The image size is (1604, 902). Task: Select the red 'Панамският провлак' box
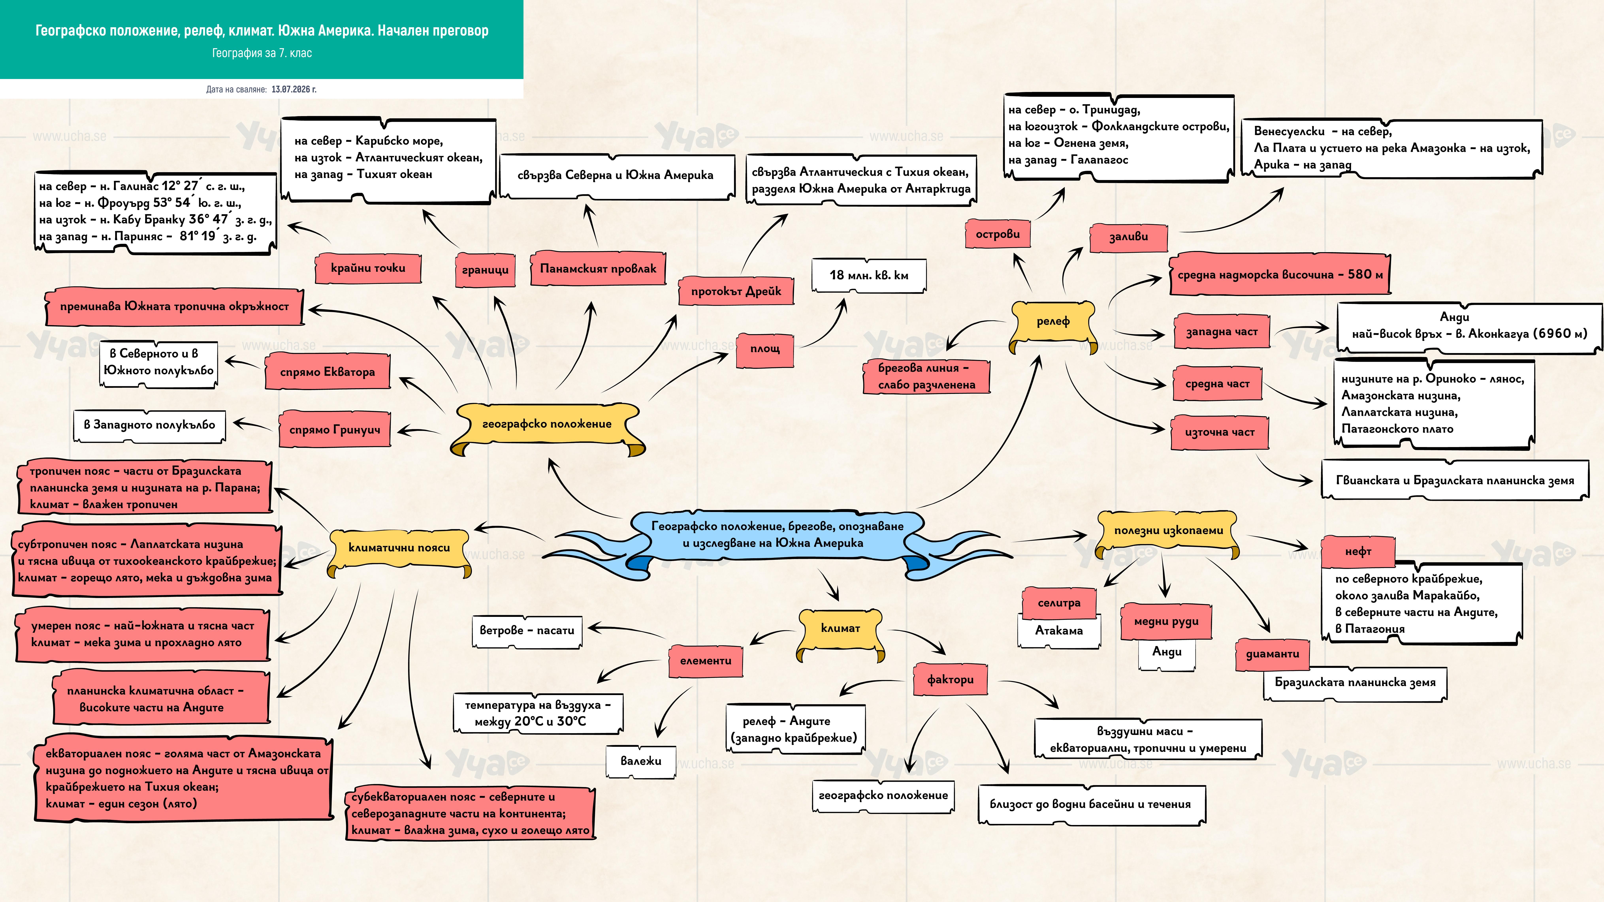point(598,268)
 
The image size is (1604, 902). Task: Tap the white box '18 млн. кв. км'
point(869,275)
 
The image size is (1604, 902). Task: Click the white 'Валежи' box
point(641,761)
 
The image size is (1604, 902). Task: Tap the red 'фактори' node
point(950,680)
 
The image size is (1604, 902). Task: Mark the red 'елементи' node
point(705,661)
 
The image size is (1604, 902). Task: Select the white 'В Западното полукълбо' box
point(150,425)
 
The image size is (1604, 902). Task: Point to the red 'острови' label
point(998,234)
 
